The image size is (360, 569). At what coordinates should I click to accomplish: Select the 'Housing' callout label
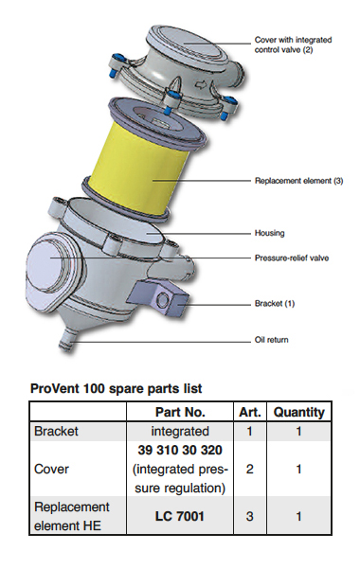click(x=270, y=232)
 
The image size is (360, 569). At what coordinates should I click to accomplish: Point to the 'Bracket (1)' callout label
click(x=276, y=303)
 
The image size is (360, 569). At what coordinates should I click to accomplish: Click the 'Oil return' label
click(x=272, y=339)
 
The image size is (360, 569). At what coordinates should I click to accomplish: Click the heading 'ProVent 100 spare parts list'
click(x=116, y=387)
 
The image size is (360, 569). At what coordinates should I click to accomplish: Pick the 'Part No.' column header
click(x=178, y=412)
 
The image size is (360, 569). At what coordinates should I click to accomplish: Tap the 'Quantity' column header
click(x=298, y=412)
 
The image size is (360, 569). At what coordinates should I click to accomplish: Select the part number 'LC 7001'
click(x=178, y=517)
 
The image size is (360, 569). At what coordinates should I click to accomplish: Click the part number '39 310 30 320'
click(x=178, y=451)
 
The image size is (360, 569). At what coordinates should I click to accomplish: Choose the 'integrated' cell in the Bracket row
click(x=178, y=430)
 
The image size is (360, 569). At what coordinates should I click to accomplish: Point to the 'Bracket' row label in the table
click(x=56, y=430)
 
